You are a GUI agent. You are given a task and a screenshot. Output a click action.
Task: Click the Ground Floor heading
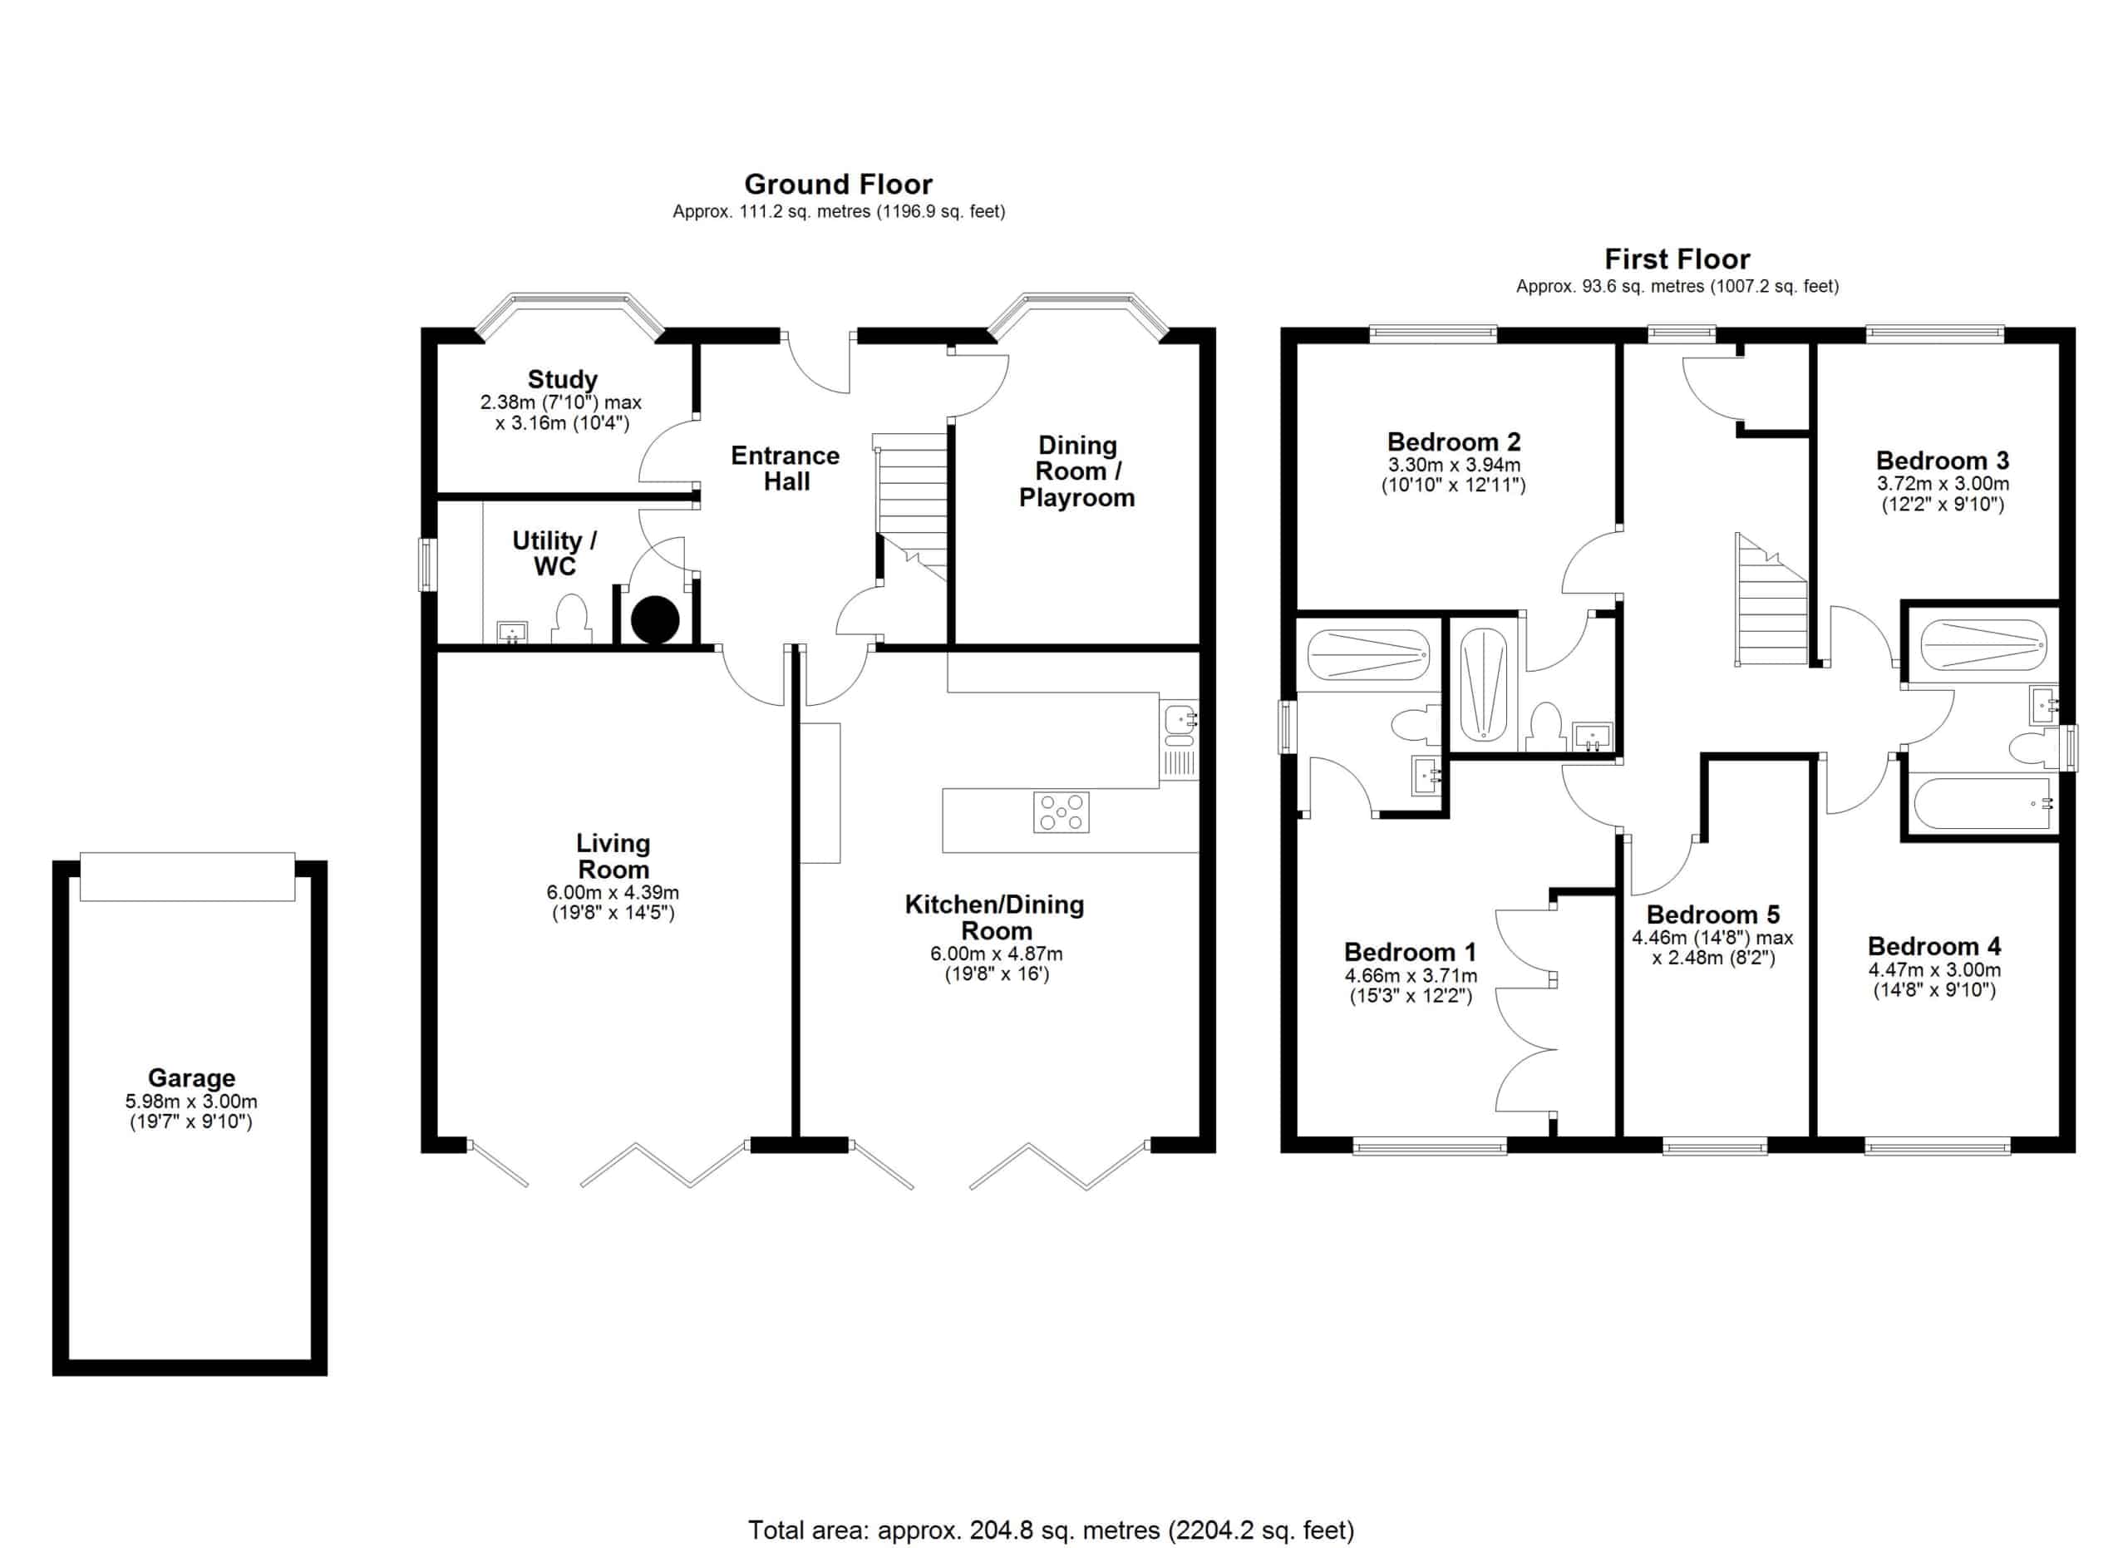(x=838, y=184)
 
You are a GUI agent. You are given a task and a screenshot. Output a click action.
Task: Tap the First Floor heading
(x=1677, y=259)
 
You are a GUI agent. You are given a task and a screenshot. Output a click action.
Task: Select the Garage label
(x=191, y=1078)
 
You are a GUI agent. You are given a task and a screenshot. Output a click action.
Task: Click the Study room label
(x=562, y=379)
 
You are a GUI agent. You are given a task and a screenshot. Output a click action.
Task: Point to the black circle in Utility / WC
(x=655, y=619)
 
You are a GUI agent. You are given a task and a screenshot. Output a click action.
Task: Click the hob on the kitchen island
(x=1062, y=812)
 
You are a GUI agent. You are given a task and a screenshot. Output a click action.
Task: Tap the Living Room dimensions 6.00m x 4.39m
(x=613, y=892)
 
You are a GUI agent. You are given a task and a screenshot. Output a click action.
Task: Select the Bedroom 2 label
(x=1453, y=442)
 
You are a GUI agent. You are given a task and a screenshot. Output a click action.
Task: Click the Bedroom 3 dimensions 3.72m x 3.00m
(x=1943, y=484)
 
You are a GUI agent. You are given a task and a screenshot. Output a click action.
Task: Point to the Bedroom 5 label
(x=1712, y=915)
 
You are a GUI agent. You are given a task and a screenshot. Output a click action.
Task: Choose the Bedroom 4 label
(x=1933, y=946)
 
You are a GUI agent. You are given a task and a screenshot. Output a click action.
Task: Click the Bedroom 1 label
(x=1411, y=952)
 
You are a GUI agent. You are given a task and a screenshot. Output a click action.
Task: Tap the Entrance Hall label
(x=786, y=468)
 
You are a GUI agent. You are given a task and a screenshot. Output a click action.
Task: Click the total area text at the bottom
(x=1051, y=1531)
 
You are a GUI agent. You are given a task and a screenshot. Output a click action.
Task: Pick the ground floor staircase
(x=910, y=506)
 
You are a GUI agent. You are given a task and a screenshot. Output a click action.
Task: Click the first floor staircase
(x=1771, y=600)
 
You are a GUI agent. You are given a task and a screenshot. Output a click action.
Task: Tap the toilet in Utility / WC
(x=570, y=621)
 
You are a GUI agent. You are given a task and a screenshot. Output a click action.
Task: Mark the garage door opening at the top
(x=188, y=876)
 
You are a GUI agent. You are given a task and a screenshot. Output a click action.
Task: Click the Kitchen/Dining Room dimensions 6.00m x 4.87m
(x=997, y=954)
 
